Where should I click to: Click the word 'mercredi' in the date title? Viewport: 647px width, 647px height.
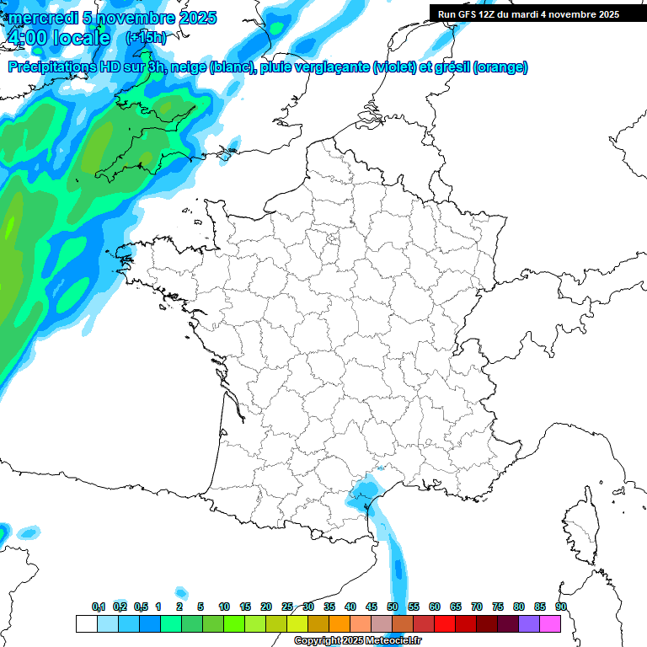coord(39,18)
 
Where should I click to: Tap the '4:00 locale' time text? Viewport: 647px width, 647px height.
coord(57,38)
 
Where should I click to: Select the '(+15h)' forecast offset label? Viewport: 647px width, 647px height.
coord(146,38)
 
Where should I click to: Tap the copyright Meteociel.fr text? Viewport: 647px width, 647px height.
coord(357,641)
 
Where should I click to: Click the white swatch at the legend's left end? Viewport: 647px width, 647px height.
coord(86,623)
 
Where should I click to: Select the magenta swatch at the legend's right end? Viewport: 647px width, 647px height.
coord(550,623)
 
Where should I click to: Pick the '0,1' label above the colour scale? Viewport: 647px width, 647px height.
coord(99,607)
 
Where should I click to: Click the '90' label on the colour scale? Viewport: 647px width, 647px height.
coord(561,607)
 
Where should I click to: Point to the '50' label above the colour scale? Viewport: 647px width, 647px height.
coord(393,607)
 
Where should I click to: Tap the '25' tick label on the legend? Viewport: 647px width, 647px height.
coord(287,607)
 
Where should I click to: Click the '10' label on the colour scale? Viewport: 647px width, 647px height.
coord(224,607)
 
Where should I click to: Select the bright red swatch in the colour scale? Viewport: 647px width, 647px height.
coord(445,623)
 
